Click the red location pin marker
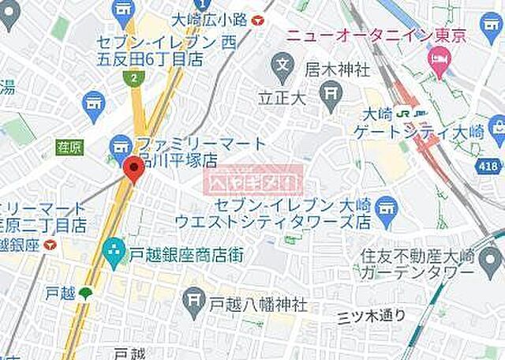133,168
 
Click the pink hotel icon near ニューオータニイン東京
438,59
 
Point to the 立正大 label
280,99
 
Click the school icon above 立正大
282,63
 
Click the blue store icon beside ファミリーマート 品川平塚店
121,145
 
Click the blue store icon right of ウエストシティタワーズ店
387,208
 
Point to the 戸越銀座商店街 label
186,254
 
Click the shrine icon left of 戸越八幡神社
193,299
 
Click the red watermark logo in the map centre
254,182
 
